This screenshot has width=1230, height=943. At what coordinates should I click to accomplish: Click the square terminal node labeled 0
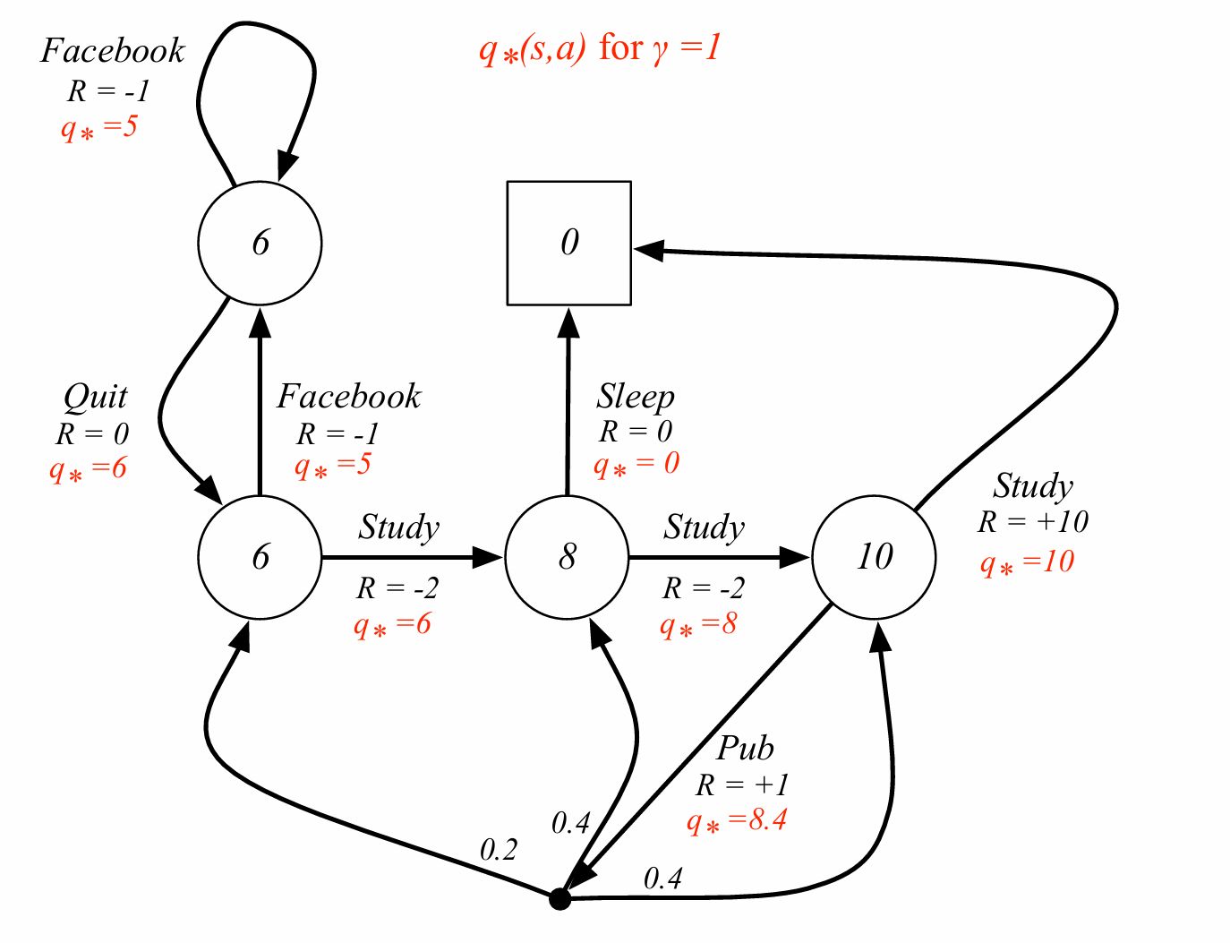pos(569,243)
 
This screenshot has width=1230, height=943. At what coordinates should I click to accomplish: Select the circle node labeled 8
pos(568,557)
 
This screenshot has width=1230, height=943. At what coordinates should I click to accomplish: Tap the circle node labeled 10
pos(874,557)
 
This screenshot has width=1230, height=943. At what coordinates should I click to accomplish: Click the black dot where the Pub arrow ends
pos(559,898)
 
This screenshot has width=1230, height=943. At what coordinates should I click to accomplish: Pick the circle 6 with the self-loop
pos(260,243)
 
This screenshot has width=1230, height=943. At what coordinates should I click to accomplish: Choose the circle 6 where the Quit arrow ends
pos(260,557)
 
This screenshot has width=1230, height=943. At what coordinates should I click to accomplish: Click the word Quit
pos(95,397)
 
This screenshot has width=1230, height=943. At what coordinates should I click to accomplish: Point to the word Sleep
pos(636,396)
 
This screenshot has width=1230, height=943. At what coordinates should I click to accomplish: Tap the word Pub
pos(745,748)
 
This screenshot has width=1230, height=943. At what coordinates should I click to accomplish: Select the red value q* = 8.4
pos(737,821)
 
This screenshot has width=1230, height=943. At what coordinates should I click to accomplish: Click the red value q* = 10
pos(1027,563)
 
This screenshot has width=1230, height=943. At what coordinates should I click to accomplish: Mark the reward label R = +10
pos(1032,521)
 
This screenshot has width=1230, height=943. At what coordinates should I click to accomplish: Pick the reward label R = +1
pos(742,785)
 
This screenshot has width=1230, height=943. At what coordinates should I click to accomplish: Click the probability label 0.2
pos(499,849)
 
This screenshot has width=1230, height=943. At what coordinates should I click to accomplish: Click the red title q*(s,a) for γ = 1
pos(600,47)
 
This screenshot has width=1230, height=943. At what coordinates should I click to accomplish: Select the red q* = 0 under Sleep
pos(636,464)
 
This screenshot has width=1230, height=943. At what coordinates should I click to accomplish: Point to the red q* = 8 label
pos(698,624)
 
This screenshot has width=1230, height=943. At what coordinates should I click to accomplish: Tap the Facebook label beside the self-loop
pos(113,51)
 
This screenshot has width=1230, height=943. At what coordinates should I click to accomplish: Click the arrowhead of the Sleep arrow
pos(568,322)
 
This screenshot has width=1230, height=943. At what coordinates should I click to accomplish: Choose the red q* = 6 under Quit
pos(88,468)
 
